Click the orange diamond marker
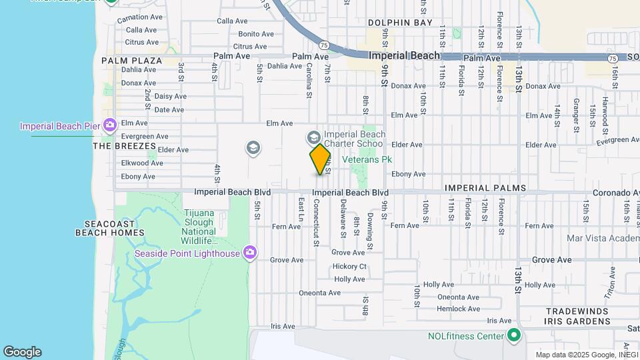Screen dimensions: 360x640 click(321, 159)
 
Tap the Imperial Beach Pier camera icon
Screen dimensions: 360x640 click(110, 125)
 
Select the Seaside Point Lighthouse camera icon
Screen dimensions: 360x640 click(250, 252)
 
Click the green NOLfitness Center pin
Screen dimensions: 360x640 click(513, 335)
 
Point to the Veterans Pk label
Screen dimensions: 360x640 click(367, 159)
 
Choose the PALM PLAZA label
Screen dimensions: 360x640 click(132, 61)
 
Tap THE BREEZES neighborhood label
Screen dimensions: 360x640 click(124, 146)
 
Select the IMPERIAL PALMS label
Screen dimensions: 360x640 click(485, 188)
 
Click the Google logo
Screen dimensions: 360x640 click(22, 352)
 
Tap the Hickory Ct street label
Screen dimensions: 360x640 click(349, 266)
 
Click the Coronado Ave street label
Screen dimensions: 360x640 click(616, 193)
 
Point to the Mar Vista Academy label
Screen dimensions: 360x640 click(603, 238)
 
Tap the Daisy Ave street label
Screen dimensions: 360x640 click(170, 96)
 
